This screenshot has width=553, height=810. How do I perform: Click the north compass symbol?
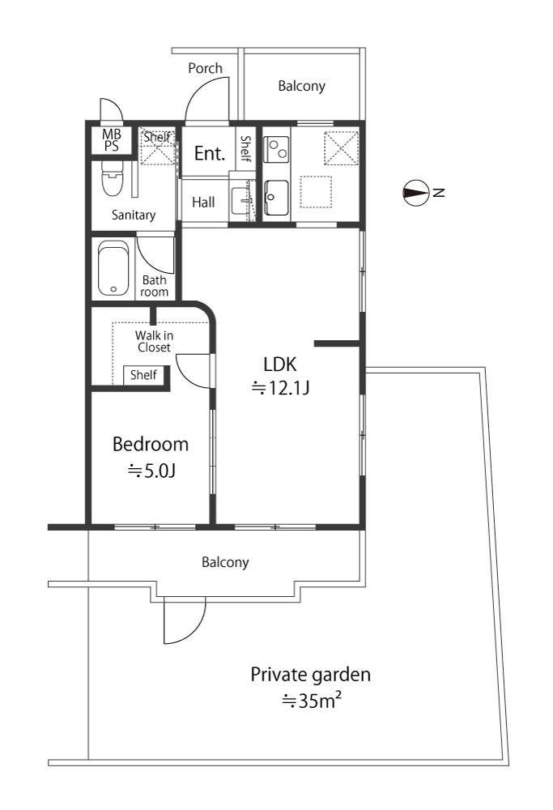point(415,194)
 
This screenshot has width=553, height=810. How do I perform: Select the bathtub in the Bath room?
point(113,268)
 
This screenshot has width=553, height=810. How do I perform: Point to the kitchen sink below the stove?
point(276,198)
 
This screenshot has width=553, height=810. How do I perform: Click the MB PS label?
point(112,140)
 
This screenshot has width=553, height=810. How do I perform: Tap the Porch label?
point(205,68)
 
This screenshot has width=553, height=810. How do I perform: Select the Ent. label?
point(210,153)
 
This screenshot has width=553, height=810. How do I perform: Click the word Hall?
point(203,202)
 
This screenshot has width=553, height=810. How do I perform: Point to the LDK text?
point(280,364)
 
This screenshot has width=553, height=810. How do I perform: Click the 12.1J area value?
point(280,387)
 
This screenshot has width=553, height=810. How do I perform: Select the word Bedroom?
point(151,444)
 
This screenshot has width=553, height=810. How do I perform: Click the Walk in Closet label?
point(154,342)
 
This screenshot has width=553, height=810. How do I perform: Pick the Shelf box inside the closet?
point(143,375)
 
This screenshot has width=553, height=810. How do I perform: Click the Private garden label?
point(310,676)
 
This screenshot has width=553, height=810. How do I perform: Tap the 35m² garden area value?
point(312,701)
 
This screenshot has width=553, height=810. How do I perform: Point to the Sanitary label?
point(134,215)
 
